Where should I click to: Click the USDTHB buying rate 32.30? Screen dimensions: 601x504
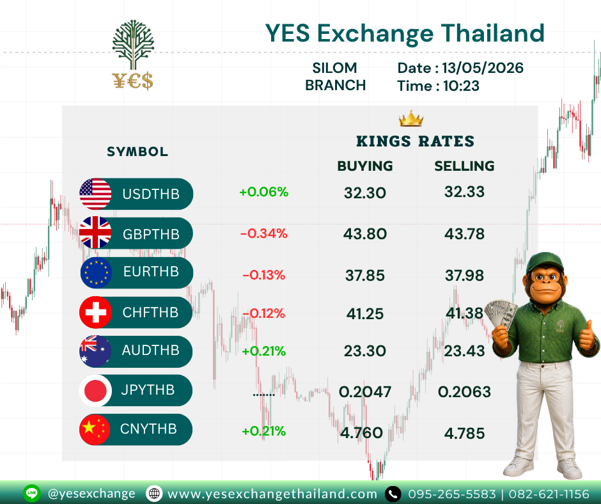[364, 193]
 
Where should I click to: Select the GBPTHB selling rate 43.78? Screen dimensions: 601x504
[464, 234]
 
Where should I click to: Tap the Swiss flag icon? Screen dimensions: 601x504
[95, 312]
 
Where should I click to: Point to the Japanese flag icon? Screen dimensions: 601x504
[95, 390]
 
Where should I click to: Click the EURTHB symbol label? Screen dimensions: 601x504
[151, 272]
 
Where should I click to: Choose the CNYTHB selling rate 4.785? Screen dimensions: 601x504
[465, 434]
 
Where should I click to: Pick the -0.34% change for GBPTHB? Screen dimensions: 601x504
[263, 233]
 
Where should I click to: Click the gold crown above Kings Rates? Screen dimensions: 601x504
[411, 118]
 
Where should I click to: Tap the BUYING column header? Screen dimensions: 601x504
[365, 166]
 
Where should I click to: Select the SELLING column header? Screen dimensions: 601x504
[464, 166]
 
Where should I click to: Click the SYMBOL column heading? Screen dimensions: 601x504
[137, 152]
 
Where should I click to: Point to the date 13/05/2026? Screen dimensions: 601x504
[483, 68]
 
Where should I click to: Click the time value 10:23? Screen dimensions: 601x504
[461, 86]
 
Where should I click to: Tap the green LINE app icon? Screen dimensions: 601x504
[32, 493]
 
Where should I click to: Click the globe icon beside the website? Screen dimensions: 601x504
[154, 494]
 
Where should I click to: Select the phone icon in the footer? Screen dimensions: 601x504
[393, 494]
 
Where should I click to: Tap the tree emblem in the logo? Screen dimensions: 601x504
[133, 45]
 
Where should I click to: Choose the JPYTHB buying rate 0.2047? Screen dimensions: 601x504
[365, 392]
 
